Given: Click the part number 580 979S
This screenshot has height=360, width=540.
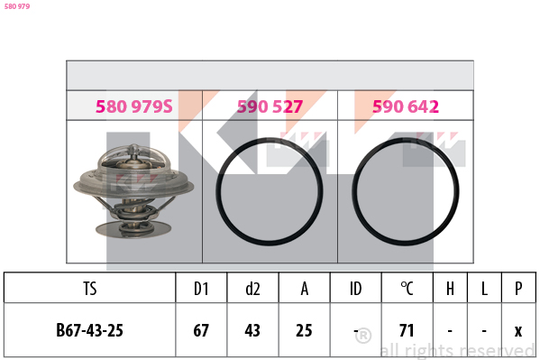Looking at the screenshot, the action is [134, 106].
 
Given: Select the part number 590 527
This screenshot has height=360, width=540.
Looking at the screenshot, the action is [270, 106].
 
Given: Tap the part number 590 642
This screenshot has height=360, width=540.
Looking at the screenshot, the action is [406, 106].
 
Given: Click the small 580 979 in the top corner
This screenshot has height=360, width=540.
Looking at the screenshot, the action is [17, 6].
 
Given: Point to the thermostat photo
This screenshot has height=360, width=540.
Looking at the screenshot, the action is [133, 191].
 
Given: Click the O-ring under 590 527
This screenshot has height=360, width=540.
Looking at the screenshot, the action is [218, 191].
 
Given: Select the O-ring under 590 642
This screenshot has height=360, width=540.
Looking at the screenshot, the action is [353, 191].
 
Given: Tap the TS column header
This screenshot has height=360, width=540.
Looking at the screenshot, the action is [90, 289].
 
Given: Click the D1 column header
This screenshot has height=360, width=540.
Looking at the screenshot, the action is [201, 289].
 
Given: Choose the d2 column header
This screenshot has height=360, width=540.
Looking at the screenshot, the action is [252, 289].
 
